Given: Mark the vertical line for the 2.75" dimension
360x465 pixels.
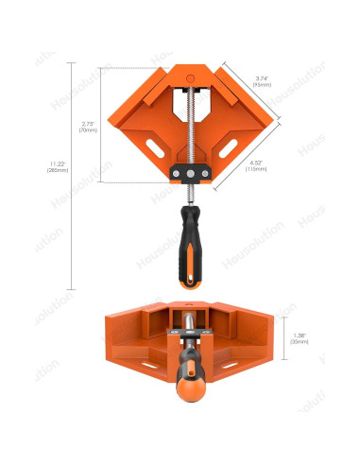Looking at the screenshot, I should coord(102,127).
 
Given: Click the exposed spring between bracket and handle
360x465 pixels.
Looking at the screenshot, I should coord(190,193).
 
